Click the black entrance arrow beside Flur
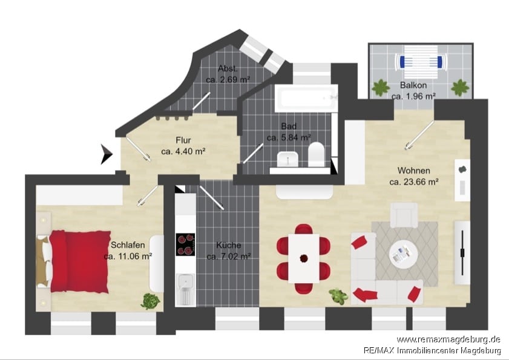point(107,154)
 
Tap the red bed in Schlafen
point(79,261)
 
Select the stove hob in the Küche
point(185,244)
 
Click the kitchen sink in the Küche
point(185,289)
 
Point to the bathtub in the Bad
point(306,98)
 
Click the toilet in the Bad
point(316,154)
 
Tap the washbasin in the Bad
point(287,159)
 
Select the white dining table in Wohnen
point(304,258)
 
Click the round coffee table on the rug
point(403,254)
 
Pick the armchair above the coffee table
point(404,215)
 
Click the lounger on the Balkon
point(421,62)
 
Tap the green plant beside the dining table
point(338,296)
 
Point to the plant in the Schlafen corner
point(150,301)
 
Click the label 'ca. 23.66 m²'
point(414,182)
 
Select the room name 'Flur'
point(183,140)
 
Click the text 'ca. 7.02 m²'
point(229,257)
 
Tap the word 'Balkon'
point(413,85)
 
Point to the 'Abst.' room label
point(228,68)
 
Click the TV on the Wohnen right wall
point(462,252)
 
